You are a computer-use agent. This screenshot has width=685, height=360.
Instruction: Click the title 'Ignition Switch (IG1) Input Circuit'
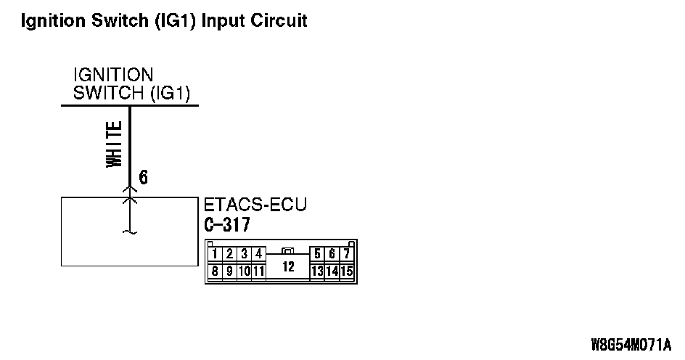click(165, 20)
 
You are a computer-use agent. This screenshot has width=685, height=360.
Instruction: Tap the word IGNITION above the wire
click(114, 75)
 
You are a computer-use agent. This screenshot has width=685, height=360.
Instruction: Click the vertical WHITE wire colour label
click(115, 145)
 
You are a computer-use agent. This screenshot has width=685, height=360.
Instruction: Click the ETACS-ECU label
click(256, 205)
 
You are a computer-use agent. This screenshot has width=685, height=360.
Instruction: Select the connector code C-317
click(228, 225)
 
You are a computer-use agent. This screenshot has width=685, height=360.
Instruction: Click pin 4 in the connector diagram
click(258, 254)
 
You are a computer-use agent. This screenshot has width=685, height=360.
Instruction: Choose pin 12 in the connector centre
click(288, 266)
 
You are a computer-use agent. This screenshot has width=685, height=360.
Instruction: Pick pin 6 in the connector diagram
click(332, 254)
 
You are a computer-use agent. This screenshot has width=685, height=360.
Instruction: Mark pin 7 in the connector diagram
click(347, 254)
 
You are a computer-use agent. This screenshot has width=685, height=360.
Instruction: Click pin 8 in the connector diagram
click(216, 271)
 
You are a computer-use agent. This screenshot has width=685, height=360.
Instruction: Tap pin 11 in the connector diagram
click(258, 271)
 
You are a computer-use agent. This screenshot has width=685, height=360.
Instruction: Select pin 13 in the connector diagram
click(316, 271)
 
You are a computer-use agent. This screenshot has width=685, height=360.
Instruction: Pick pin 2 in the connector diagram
click(229, 254)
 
